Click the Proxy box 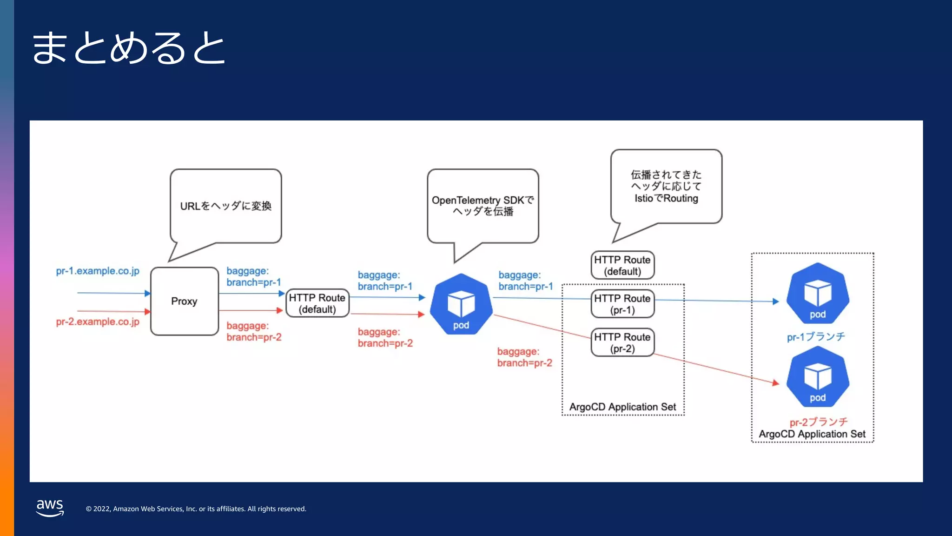[185, 301]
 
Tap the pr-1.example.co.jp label [98, 271]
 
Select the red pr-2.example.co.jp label [98, 322]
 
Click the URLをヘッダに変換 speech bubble [225, 206]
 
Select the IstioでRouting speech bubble [666, 187]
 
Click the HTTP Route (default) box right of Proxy [317, 303]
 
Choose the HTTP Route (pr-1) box [622, 304]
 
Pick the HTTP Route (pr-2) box [622, 342]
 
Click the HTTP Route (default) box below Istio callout [622, 265]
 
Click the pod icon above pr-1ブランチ [818, 294]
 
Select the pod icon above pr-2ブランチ [818, 377]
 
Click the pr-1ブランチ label [816, 336]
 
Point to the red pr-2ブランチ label [819, 422]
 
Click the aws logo [50, 507]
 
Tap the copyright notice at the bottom [196, 509]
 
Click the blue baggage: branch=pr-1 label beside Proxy [253, 276]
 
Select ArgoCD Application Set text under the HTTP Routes [622, 407]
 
